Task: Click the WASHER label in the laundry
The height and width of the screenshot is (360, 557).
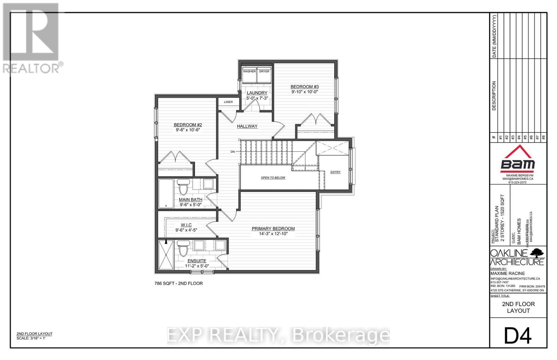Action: pyautogui.click(x=249, y=71)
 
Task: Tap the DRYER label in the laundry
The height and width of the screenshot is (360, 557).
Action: pyautogui.click(x=264, y=71)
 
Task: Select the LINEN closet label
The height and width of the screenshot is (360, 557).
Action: pyautogui.click(x=228, y=102)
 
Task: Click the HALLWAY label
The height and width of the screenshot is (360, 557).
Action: pyautogui.click(x=247, y=126)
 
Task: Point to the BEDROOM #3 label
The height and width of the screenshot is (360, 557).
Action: pyautogui.click(x=305, y=87)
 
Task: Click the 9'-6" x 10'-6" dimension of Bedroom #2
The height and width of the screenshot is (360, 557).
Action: pyautogui.click(x=188, y=130)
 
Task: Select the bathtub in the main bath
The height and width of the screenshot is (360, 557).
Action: pyautogui.click(x=166, y=193)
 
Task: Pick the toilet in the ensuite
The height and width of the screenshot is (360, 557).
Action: pyautogui.click(x=183, y=248)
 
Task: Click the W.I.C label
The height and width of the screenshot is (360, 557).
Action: pyautogui.click(x=186, y=225)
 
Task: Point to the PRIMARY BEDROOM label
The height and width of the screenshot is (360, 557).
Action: pyautogui.click(x=273, y=229)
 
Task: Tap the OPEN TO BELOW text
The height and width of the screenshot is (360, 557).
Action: pyautogui.click(x=273, y=178)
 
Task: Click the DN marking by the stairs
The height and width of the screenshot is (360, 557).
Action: pyautogui.click(x=233, y=152)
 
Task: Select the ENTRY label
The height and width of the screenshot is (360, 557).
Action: pyautogui.click(x=335, y=172)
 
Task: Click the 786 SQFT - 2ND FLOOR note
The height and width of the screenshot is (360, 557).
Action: pyautogui.click(x=179, y=283)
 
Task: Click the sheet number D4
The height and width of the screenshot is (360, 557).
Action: pyautogui.click(x=518, y=336)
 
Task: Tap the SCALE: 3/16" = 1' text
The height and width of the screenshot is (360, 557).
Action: pyautogui.click(x=31, y=338)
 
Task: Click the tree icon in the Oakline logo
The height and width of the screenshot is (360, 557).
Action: pyautogui.click(x=538, y=252)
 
